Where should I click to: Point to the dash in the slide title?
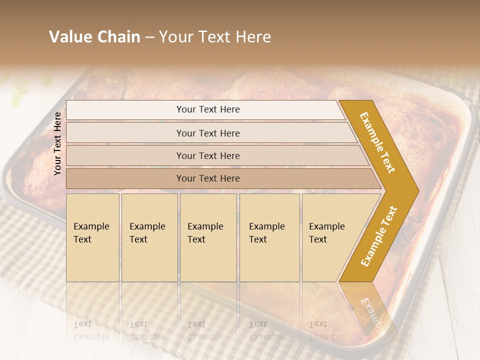tap(149, 37)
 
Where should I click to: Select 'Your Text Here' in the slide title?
tap(215, 37)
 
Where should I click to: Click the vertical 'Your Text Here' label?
tap(57, 143)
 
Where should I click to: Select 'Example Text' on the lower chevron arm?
tap(378, 236)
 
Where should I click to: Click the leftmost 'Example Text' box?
tap(92, 237)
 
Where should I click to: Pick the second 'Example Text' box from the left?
tap(149, 237)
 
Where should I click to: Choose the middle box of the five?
tap(208, 237)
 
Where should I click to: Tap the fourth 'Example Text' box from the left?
tap(269, 237)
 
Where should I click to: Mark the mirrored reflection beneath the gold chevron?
tap(370, 307)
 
